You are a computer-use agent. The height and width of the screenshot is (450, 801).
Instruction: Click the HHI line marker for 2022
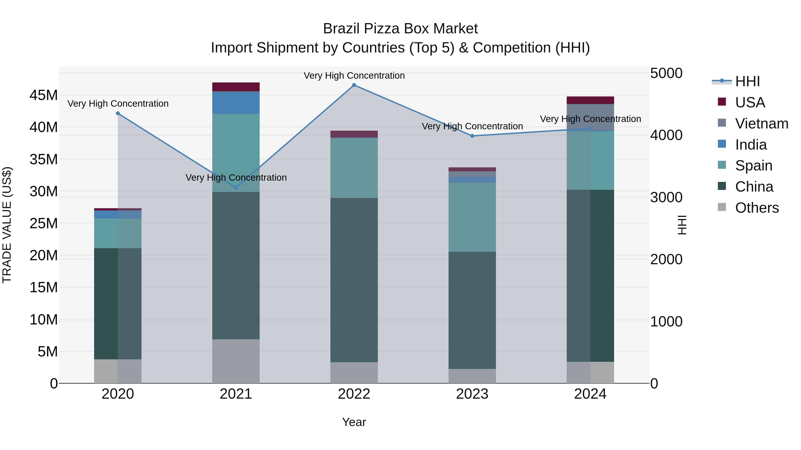point(354,85)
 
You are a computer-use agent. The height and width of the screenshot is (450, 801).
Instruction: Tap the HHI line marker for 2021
point(236,188)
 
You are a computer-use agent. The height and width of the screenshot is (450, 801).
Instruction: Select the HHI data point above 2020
point(118,113)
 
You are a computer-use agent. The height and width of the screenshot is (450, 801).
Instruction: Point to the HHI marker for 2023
point(472,136)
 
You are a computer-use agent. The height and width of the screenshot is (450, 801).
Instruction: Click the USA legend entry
point(750,102)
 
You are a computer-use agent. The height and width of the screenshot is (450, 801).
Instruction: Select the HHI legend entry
point(747,81)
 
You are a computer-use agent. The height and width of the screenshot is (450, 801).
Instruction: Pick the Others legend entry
point(756,208)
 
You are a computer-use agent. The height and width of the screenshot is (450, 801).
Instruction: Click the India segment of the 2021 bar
point(236,103)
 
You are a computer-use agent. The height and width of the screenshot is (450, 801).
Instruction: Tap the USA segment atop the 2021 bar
point(236,87)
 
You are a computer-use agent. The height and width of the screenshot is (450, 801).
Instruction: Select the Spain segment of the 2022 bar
point(354,168)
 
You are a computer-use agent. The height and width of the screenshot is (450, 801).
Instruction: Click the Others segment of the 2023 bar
point(472,376)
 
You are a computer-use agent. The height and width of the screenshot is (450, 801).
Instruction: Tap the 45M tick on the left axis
point(44,95)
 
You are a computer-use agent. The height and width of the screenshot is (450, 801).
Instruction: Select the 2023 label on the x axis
point(472,394)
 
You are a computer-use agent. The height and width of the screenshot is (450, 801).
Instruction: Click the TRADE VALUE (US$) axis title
point(7,225)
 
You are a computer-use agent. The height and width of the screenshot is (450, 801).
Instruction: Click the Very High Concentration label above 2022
point(354,76)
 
